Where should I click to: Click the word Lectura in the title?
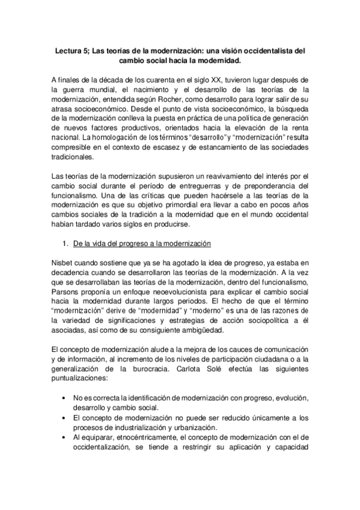66,52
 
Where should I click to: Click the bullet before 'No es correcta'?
64,399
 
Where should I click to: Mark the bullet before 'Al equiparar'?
64,437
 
